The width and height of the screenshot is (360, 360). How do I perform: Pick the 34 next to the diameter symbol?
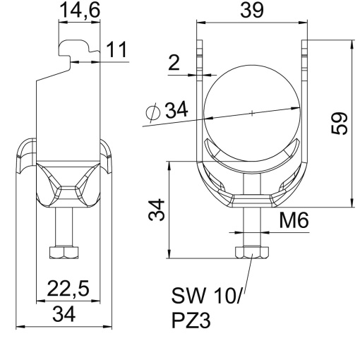click(177, 110)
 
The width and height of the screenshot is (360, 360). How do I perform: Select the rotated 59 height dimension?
click(340, 124)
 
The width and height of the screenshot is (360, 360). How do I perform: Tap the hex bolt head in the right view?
click(252, 251)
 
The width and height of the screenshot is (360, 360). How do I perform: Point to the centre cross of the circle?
click(251, 112)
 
